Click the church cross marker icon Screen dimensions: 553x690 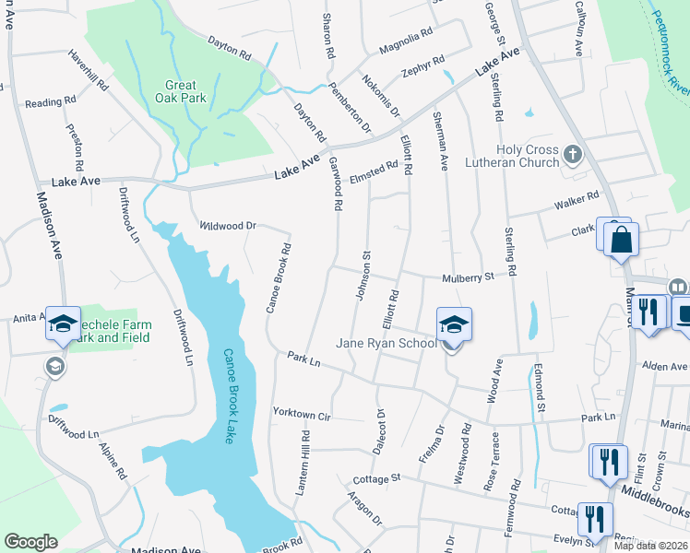pos(573,154)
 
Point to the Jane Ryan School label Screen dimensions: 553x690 pos(387,343)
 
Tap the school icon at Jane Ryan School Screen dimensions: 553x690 pos(453,325)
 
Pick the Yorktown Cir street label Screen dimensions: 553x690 pos(302,414)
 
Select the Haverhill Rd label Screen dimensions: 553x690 pos(89,69)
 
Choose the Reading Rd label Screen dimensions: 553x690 pos(50,102)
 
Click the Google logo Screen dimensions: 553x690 pos(30,542)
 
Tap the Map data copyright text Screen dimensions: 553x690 pos(651,546)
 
